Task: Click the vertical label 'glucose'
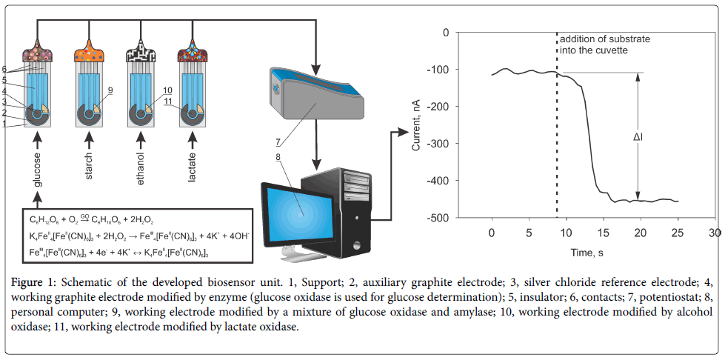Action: pos(37,167)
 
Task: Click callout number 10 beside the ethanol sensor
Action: pos(168,90)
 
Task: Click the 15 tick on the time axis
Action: pos(604,234)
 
